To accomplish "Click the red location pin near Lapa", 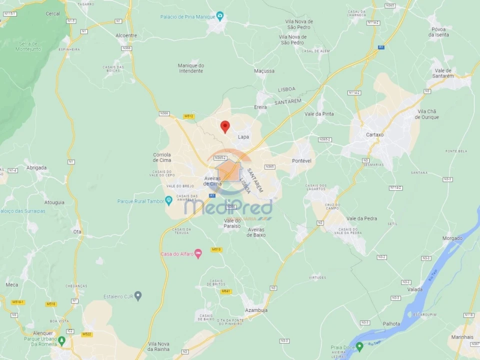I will tap(225, 126).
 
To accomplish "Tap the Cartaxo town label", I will tap(374, 134).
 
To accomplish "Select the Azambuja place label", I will tap(256, 310).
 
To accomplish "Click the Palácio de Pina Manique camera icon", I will tap(220, 16).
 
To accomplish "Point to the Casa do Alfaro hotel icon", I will tap(198, 254).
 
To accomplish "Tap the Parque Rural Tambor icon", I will tap(169, 201).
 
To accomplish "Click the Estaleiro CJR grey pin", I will tap(138, 296).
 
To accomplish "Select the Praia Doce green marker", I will tap(359, 346).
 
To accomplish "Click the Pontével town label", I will tap(301, 160).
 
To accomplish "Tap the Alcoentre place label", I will tap(126, 35).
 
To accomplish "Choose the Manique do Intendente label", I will tap(191, 68).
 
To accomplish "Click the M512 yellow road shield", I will tap(188, 116).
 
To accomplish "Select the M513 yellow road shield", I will tap(216, 249).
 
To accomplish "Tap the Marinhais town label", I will tap(462, 337).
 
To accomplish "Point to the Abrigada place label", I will tap(36, 167).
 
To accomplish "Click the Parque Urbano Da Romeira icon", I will tap(61, 340).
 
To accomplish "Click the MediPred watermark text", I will tap(229, 206).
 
